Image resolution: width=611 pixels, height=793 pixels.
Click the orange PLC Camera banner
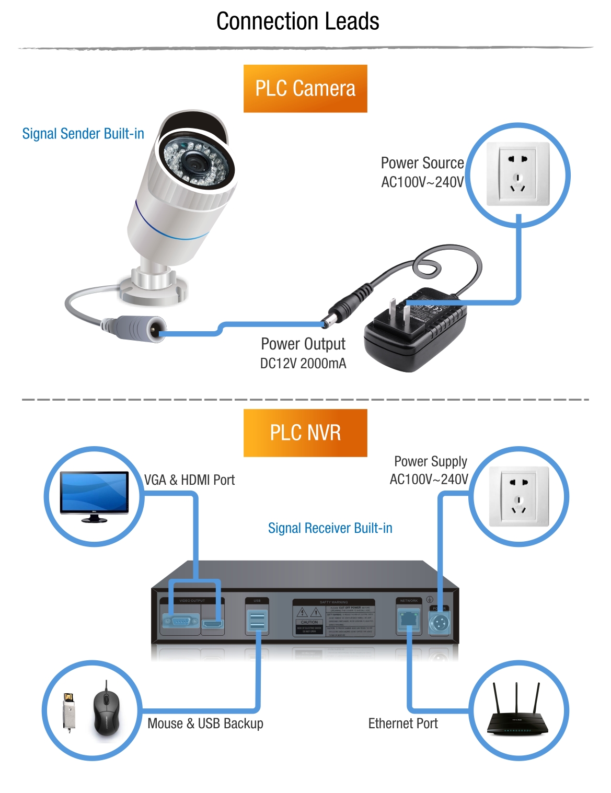[x=305, y=88]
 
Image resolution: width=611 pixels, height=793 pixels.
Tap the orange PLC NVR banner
[x=305, y=433]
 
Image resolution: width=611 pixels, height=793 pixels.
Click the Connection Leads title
[x=297, y=21]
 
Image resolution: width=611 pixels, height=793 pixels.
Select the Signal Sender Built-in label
[x=83, y=134]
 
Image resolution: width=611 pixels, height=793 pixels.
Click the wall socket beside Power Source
[x=517, y=174]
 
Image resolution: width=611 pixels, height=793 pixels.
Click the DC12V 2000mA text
[x=303, y=364]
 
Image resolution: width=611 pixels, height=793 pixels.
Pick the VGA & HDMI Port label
[x=189, y=480]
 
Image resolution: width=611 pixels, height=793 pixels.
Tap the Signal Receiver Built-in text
[x=330, y=528]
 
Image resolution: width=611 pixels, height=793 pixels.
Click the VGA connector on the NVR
[x=180, y=622]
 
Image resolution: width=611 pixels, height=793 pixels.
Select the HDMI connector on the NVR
[x=213, y=624]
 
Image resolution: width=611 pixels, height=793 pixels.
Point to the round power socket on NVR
[x=439, y=623]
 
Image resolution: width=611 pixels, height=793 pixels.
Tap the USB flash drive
[x=68, y=712]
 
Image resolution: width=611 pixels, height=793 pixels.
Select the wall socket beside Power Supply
[x=518, y=496]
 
